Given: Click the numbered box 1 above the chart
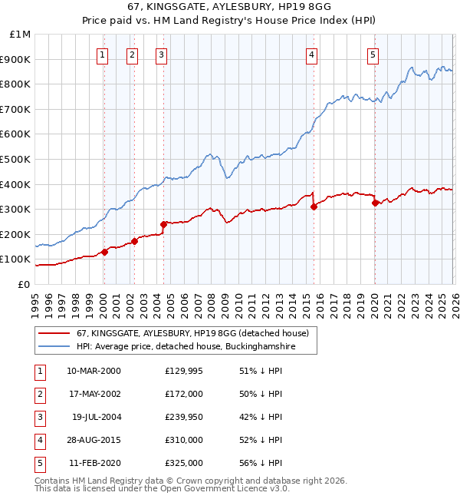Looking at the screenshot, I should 103,55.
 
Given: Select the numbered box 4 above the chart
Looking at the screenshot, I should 312,55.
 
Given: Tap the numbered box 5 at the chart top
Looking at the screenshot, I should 373,55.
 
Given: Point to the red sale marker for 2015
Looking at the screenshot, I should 314,207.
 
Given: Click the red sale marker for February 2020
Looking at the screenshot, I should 374,203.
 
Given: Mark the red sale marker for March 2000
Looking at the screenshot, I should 104,252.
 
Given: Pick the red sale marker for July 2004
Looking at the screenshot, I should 163,224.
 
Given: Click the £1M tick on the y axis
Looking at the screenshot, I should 21,35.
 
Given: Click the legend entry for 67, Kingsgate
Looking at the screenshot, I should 192,333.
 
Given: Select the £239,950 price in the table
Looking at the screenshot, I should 184,417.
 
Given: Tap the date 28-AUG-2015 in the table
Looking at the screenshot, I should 94,440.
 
